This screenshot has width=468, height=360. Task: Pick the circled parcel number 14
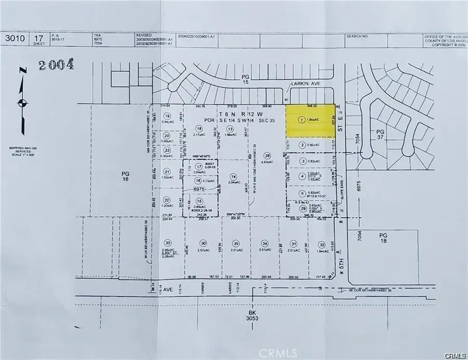tap(234, 176)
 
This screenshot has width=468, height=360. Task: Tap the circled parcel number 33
tap(167, 243)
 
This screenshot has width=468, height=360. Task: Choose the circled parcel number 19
tap(167, 116)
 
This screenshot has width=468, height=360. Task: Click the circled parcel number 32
tap(322, 244)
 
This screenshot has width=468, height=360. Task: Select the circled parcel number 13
tap(229, 128)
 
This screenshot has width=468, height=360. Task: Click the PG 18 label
tap(383, 238)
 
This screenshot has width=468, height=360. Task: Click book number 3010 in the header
tap(12, 37)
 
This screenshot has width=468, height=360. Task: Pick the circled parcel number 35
tap(236, 243)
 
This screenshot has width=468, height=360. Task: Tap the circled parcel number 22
tap(167, 199)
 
